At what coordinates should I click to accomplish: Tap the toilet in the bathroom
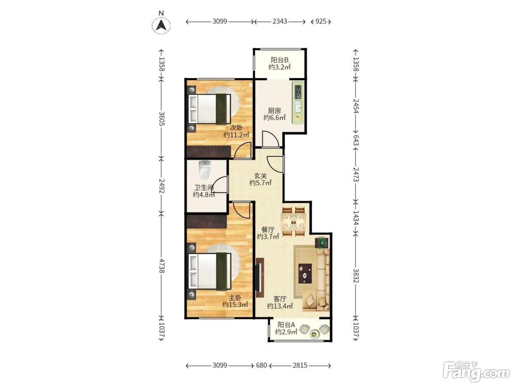point(205,170)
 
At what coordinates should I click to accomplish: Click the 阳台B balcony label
point(279,60)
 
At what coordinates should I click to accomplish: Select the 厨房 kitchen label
point(274,111)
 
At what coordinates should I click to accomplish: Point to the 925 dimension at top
point(321,21)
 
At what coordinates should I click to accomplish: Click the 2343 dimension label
point(280,21)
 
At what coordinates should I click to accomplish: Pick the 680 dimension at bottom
point(261,365)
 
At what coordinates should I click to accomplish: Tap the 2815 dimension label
point(300,365)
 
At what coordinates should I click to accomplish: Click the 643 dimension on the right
point(356,140)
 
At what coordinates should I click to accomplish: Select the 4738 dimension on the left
point(162,266)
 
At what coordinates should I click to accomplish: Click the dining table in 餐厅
point(294,222)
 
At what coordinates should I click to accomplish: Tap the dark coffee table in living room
point(305,273)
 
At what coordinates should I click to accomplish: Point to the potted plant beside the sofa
point(322,243)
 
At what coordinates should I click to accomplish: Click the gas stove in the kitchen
point(299,92)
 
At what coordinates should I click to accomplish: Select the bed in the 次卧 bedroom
point(209,109)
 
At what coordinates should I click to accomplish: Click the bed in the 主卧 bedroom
point(209,271)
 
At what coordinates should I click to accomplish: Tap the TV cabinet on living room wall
point(260,278)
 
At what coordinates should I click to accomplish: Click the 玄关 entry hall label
point(261,176)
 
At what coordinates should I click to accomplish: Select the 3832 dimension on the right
point(356,275)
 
